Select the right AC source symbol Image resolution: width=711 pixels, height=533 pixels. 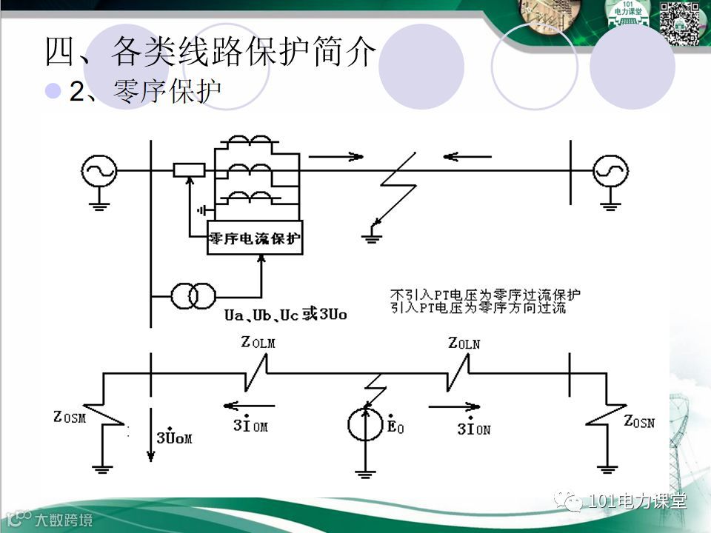(x=609, y=171)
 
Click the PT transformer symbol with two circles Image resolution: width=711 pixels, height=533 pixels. (x=193, y=295)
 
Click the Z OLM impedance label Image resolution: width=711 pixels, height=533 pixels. (x=258, y=342)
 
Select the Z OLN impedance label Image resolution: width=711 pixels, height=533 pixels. (x=464, y=343)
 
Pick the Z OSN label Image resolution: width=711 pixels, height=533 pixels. (x=638, y=422)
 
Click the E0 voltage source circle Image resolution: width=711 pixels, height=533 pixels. (x=366, y=423)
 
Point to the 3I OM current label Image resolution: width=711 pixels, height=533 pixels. (x=250, y=425)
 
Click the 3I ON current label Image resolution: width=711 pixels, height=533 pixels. (x=473, y=427)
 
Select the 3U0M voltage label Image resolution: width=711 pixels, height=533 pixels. (x=174, y=437)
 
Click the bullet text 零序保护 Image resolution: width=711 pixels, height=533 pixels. (x=167, y=92)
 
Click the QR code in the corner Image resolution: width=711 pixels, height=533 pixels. (x=679, y=23)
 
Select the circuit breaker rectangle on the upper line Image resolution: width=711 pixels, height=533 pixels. (x=189, y=170)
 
